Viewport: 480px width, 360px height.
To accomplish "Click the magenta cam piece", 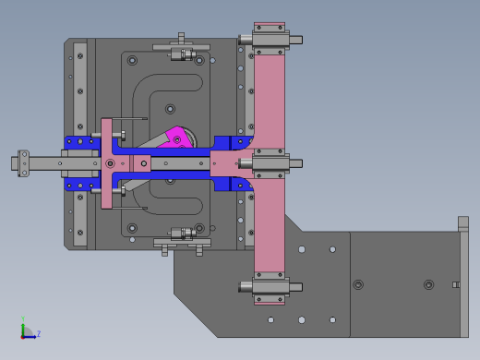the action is pyautogui.click(x=177, y=138).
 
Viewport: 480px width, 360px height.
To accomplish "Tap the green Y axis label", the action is pyautogui.click(x=23, y=318).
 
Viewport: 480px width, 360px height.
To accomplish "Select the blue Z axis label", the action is pyautogui.click(x=39, y=333).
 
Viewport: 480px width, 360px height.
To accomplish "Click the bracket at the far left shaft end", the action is pyautogui.click(x=23, y=163).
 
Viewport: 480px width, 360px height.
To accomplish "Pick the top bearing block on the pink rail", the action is pyautogui.click(x=270, y=40).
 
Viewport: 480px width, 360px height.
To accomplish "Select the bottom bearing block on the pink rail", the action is pyautogui.click(x=270, y=287).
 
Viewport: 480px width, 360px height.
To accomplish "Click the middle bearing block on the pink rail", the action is pyautogui.click(x=270, y=163).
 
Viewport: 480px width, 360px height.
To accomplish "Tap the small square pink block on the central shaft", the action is pyautogui.click(x=142, y=163).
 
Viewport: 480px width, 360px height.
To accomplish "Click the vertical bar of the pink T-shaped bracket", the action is pyautogui.click(x=106, y=163).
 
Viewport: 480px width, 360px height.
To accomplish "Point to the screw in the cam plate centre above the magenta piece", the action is pyautogui.click(x=170, y=109).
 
